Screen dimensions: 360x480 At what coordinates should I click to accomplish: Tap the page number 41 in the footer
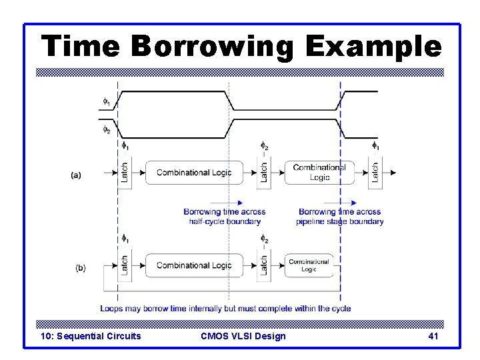(433, 336)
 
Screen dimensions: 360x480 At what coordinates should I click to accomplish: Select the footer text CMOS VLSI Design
(243, 336)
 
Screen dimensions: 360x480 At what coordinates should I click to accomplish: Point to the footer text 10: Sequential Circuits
(91, 336)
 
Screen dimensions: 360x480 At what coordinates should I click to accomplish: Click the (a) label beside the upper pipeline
(76, 175)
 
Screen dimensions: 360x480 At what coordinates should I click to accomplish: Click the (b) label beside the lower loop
(80, 268)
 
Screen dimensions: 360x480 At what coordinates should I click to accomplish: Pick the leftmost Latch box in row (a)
(124, 173)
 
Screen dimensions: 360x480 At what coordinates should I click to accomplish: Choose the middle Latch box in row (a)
(264, 173)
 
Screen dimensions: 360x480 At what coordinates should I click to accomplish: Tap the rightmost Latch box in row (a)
(375, 173)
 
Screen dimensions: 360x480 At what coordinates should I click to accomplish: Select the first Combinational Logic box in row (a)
(194, 173)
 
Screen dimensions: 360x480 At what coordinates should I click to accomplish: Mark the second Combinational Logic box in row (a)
(319, 173)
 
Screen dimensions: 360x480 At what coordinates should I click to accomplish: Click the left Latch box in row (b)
(124, 265)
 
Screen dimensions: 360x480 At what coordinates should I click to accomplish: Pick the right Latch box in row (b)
(264, 265)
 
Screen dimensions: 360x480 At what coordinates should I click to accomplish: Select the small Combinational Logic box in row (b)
(309, 265)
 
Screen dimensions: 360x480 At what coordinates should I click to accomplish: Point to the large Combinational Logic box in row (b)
(194, 265)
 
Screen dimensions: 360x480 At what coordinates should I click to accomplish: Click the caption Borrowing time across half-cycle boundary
(225, 217)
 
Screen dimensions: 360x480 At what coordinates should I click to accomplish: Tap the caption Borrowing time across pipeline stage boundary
(340, 217)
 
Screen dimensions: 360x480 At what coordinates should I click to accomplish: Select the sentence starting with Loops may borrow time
(225, 309)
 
